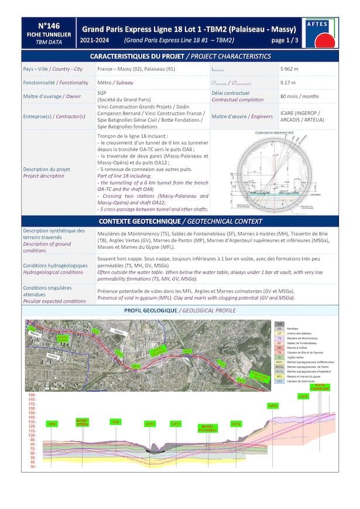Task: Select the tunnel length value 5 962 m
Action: click(x=291, y=69)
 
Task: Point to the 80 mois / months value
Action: click(x=300, y=96)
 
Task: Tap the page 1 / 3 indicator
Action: click(x=285, y=40)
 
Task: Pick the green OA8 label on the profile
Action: click(x=52, y=424)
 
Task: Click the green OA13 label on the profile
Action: click(x=272, y=405)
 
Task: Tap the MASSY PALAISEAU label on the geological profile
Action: click(x=208, y=428)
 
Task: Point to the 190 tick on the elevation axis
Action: click(x=32, y=395)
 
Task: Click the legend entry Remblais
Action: click(x=293, y=328)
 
